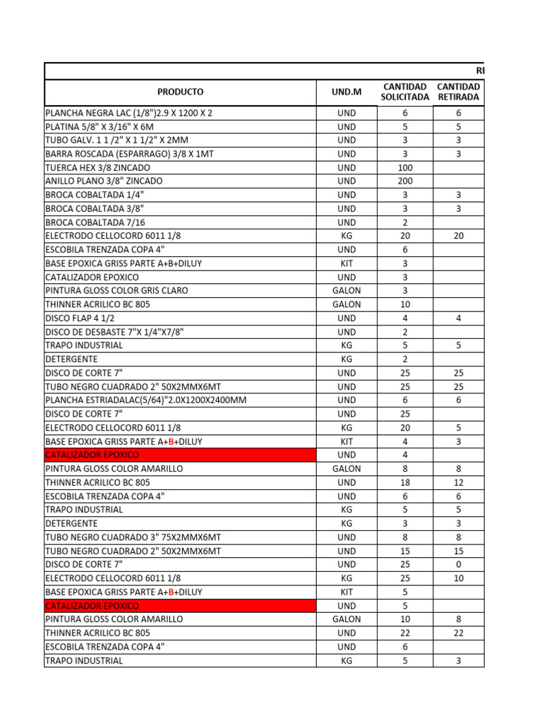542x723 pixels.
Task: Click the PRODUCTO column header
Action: pyautogui.click(x=180, y=92)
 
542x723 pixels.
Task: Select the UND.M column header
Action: pyautogui.click(x=347, y=92)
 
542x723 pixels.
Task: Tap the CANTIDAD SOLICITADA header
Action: pyautogui.click(x=405, y=92)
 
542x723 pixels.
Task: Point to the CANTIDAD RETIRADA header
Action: pyautogui.click(x=459, y=92)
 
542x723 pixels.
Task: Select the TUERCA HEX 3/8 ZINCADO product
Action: pyautogui.click(x=97, y=168)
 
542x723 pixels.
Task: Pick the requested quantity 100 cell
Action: pyautogui.click(x=405, y=168)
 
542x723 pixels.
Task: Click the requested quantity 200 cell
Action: pyautogui.click(x=405, y=181)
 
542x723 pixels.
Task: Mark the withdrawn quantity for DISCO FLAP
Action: pyautogui.click(x=459, y=318)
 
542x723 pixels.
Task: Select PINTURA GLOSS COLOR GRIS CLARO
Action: pyautogui.click(x=116, y=291)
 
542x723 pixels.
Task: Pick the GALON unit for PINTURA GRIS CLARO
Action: pyautogui.click(x=347, y=291)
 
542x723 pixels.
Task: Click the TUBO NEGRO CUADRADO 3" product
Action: pyautogui.click(x=133, y=537)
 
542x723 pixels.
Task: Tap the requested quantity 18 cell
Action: pyautogui.click(x=405, y=482)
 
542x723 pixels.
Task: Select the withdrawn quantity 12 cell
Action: pyautogui.click(x=459, y=482)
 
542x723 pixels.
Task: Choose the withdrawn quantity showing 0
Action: pyautogui.click(x=459, y=564)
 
